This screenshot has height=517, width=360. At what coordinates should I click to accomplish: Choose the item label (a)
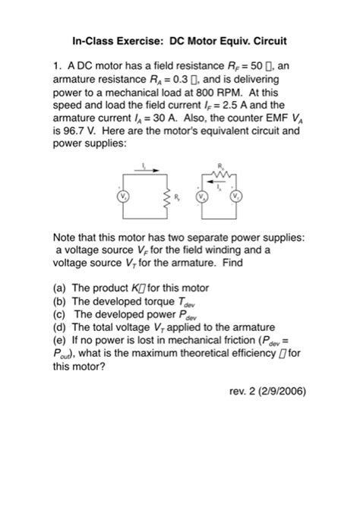point(60,288)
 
